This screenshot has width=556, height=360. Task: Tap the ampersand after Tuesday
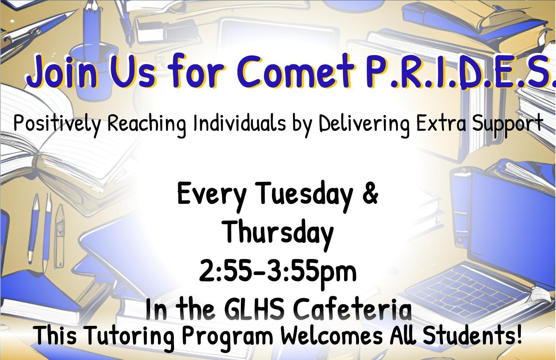[x=370, y=193]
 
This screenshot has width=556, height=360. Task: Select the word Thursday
[x=278, y=232]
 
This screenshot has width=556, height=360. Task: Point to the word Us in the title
[x=130, y=72]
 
